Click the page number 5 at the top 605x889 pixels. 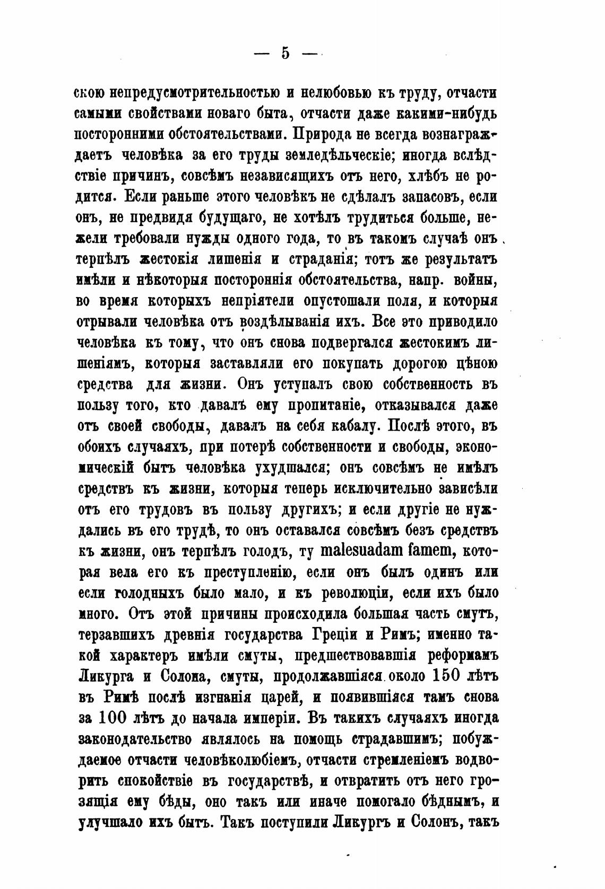coord(285,54)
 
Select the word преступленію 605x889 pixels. coord(242,573)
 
